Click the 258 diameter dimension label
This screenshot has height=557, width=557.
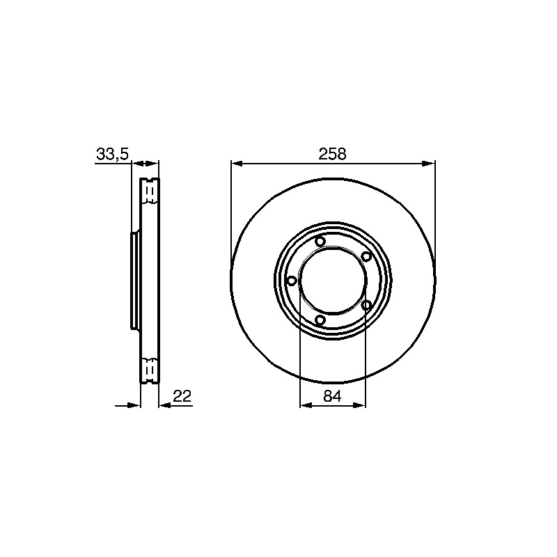(332, 154)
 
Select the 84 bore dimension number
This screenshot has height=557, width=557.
(333, 395)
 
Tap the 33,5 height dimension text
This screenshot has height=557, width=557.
(112, 155)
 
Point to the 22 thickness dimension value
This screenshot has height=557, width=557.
(182, 395)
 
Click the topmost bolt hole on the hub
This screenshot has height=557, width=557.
(320, 242)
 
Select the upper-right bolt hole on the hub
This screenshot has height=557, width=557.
(366, 256)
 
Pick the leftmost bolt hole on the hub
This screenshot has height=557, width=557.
(291, 281)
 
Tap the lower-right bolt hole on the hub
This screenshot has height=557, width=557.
(366, 305)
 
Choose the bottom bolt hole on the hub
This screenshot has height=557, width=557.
(320, 320)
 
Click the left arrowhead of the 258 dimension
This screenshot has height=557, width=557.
(237, 164)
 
